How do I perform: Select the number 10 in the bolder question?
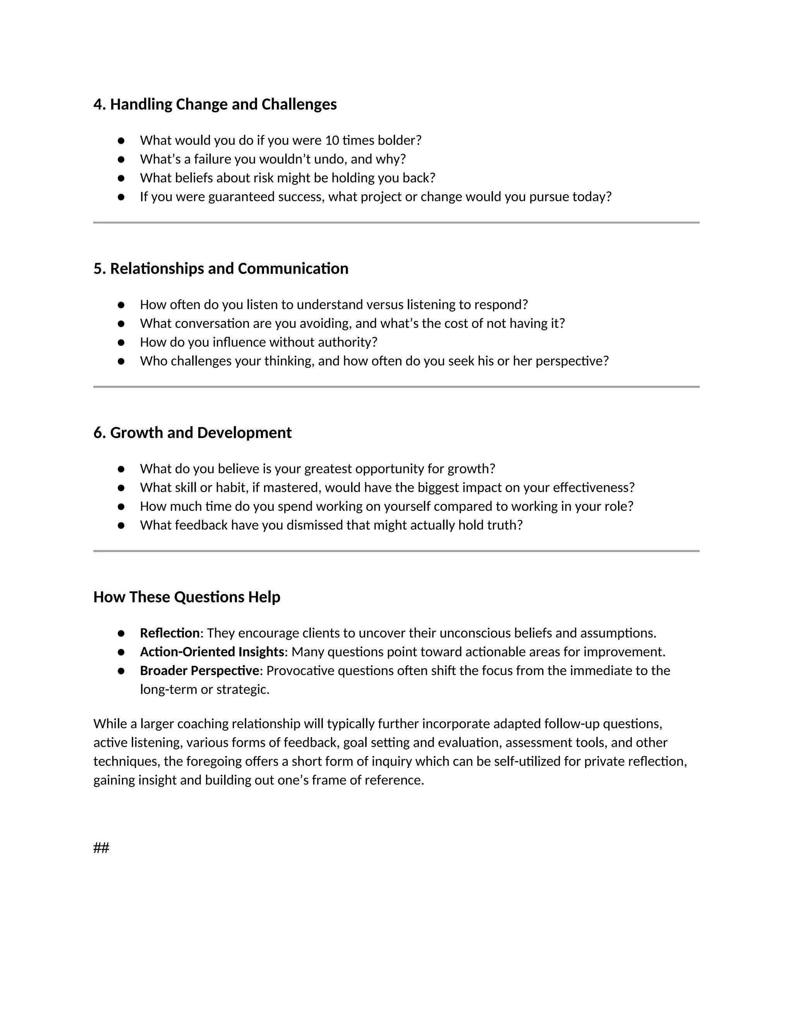[x=332, y=141]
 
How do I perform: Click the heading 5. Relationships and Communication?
[x=221, y=269]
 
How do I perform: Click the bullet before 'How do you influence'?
[x=121, y=343]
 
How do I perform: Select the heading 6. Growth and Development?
[x=192, y=433]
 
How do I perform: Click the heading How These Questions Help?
[x=187, y=597]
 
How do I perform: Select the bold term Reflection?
[x=170, y=633]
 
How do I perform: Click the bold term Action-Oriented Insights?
[x=212, y=652]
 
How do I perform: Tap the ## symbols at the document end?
[x=101, y=848]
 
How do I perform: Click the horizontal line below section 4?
[x=396, y=223]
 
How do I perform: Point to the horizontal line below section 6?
[x=396, y=551]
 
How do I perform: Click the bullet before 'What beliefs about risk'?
[x=121, y=178]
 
